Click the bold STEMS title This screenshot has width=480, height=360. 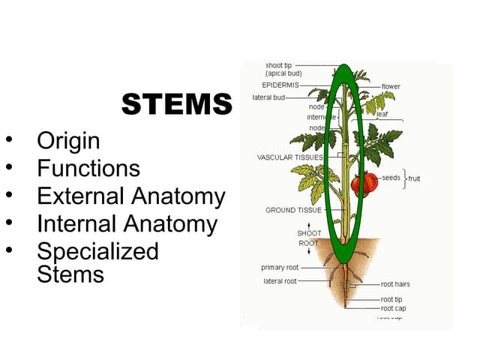[x=177, y=104]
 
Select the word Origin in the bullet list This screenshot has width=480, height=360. [x=68, y=140]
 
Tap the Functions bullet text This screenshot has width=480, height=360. [x=88, y=168]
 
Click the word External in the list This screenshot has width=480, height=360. [x=80, y=196]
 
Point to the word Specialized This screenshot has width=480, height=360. [x=97, y=250]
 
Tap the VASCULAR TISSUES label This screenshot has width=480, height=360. [x=289, y=157]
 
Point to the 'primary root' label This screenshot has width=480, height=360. [x=279, y=267]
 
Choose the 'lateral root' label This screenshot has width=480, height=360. [x=280, y=281]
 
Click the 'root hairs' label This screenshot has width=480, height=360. [x=395, y=284]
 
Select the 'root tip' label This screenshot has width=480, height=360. [x=391, y=299]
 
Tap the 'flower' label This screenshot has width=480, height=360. [x=391, y=87]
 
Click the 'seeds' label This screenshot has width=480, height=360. [x=391, y=178]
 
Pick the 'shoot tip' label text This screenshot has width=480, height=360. [x=279, y=65]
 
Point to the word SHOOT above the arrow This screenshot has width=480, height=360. [x=309, y=233]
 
